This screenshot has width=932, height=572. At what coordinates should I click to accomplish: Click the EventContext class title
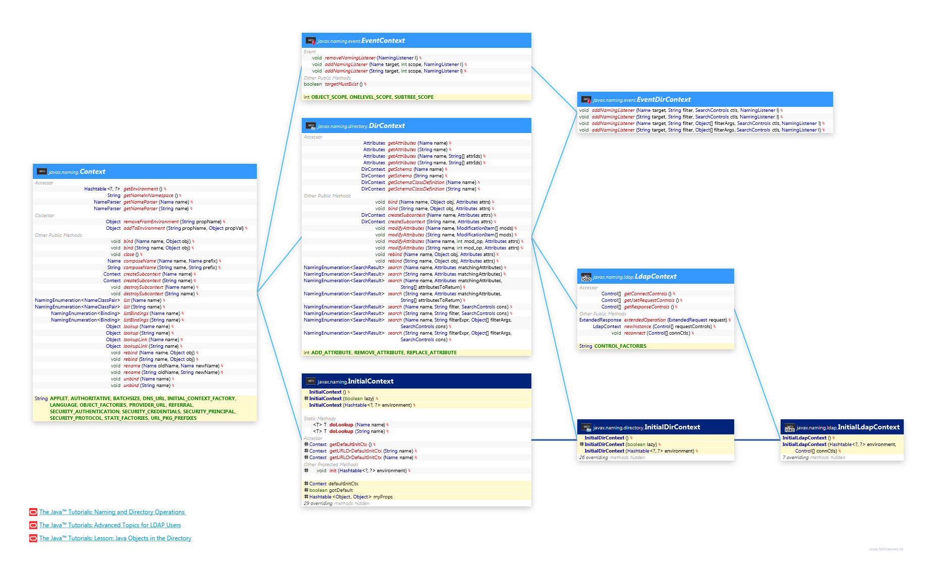point(382,41)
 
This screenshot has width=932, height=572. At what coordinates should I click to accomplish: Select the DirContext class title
point(387,126)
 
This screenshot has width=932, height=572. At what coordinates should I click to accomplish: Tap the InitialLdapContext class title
point(868,427)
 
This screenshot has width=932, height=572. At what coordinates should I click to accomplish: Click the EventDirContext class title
point(664,100)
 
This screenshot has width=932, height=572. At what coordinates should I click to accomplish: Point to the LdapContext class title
point(655,277)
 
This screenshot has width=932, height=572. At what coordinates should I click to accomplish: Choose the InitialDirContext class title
point(672,427)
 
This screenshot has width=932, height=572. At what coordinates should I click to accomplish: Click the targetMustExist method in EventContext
point(341,84)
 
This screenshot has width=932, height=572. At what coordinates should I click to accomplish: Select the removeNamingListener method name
point(350,58)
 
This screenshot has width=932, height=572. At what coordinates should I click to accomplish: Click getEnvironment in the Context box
point(140,189)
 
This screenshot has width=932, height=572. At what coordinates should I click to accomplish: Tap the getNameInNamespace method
point(148,196)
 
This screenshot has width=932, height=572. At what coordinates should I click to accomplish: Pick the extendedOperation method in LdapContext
point(644,320)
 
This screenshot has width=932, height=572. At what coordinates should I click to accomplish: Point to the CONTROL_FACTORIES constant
point(620,346)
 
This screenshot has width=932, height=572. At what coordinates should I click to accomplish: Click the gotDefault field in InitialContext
point(341,490)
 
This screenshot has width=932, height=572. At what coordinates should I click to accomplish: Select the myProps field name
point(382,497)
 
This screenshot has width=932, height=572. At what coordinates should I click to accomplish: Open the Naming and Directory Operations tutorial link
point(112,512)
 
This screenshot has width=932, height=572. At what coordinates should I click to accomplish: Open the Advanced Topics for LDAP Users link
point(109,525)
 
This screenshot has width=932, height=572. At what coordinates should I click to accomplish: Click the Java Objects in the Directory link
point(115,538)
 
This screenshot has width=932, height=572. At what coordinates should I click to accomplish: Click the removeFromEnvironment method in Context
point(151,222)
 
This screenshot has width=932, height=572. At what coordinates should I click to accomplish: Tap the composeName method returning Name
point(140,261)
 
